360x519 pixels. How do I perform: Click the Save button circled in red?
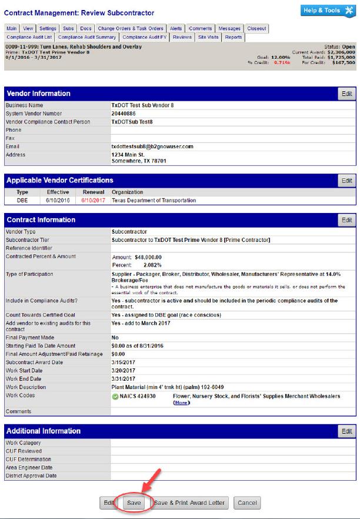click(x=134, y=503)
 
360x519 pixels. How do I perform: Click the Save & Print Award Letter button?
click(x=189, y=503)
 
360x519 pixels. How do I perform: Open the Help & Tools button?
click(x=328, y=11)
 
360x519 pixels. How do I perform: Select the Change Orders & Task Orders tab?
click(x=131, y=28)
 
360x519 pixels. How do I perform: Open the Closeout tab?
click(x=256, y=28)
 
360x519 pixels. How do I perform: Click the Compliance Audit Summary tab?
click(x=95, y=37)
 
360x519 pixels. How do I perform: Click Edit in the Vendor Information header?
click(x=347, y=94)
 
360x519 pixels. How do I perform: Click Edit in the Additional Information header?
click(x=347, y=431)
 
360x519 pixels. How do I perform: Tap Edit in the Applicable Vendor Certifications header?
click(x=347, y=181)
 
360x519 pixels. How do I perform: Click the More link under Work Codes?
click(x=181, y=402)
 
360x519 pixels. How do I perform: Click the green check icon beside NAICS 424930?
click(x=115, y=397)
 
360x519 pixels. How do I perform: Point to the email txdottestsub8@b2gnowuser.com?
click(x=152, y=147)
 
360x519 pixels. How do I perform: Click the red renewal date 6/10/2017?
click(x=93, y=201)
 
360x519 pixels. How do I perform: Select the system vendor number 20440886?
click(x=124, y=114)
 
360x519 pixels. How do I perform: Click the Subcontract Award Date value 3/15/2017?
click(x=124, y=362)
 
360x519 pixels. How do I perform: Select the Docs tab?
click(x=86, y=28)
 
